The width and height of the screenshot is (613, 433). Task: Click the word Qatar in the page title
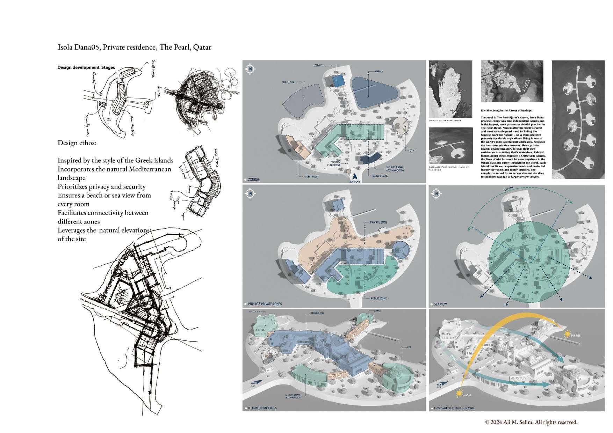(202, 47)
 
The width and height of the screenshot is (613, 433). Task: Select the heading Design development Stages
(86, 67)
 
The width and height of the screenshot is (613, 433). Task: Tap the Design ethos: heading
(77, 143)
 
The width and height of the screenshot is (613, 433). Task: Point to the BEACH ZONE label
(289, 82)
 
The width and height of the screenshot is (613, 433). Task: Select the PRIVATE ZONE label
(378, 222)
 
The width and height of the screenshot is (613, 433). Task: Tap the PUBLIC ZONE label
(378, 298)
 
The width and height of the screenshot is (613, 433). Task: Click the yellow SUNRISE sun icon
(566, 335)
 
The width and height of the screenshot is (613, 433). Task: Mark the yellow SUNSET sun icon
(459, 394)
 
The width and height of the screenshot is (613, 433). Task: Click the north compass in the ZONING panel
(250, 69)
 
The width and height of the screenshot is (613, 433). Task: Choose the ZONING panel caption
(253, 179)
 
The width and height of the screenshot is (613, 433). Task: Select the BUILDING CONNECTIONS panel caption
(262, 408)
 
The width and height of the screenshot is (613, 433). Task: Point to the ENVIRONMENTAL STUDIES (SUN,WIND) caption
(454, 408)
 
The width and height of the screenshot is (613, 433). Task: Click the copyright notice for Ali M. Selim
(531, 422)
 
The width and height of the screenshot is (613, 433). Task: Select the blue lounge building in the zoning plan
(338, 81)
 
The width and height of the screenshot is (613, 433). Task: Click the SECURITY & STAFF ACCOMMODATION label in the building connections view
(293, 396)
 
